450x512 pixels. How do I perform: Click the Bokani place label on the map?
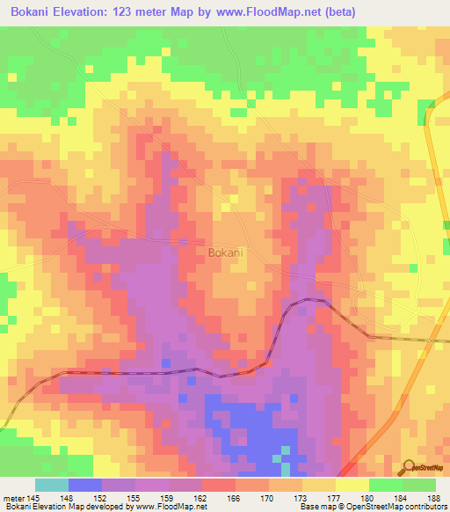[226, 252]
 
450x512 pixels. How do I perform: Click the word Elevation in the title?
[91, 11]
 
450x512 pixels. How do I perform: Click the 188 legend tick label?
[434, 497]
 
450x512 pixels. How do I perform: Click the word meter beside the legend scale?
[15, 497]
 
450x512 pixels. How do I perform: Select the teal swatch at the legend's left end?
[52, 485]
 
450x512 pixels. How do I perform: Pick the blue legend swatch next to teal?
[85, 485]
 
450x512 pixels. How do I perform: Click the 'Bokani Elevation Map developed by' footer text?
[66, 507]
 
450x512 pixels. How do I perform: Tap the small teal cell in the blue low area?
[283, 450]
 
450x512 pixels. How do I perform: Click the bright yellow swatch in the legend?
[352, 485]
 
